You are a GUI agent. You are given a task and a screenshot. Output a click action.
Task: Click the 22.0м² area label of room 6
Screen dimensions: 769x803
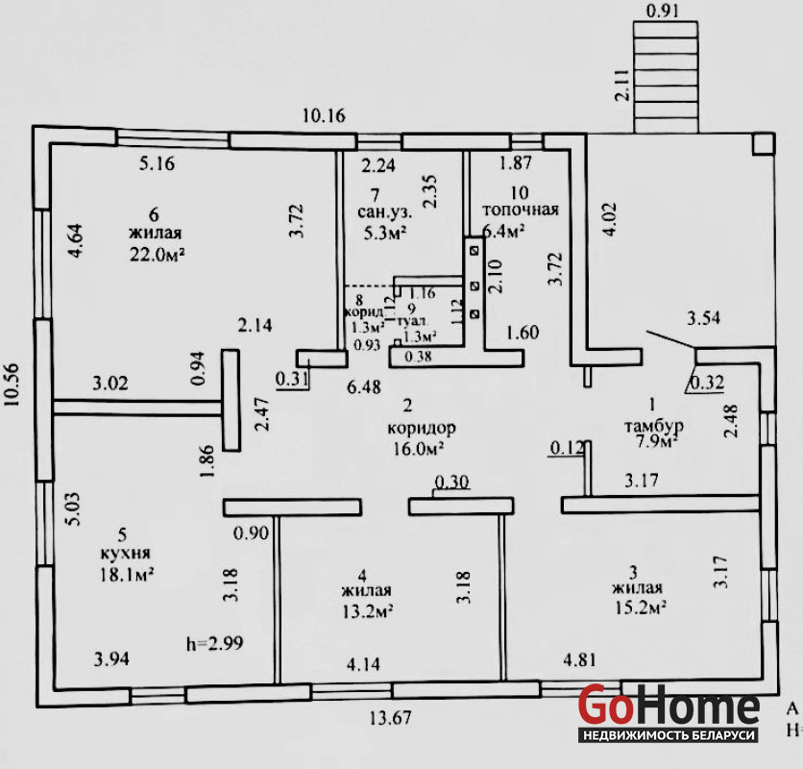pos(156,254)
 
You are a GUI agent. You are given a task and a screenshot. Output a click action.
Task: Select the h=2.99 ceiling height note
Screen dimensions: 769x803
pos(214,642)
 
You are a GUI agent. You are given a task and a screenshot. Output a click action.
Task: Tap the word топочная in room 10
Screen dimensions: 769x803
pos(520,209)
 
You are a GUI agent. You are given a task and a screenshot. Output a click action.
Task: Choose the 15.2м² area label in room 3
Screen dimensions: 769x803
pos(640,607)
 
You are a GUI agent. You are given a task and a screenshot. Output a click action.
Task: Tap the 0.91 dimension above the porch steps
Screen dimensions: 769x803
pos(665,12)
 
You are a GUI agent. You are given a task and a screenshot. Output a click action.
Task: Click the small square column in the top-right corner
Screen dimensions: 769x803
pos(761,143)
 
